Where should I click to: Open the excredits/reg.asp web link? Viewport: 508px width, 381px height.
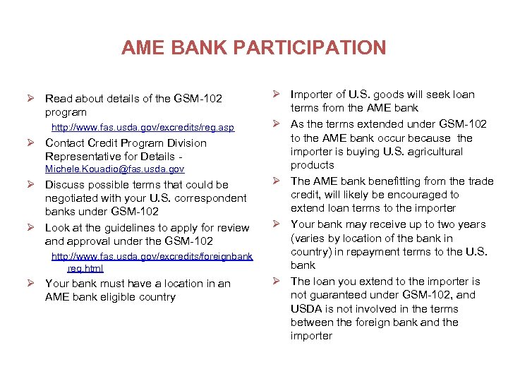click(143, 128)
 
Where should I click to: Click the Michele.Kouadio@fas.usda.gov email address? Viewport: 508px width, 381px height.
click(114, 169)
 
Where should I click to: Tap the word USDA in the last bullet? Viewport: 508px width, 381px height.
click(306, 309)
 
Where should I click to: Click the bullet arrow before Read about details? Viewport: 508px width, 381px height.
click(32, 99)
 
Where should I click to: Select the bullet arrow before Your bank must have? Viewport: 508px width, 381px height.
click(32, 284)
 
